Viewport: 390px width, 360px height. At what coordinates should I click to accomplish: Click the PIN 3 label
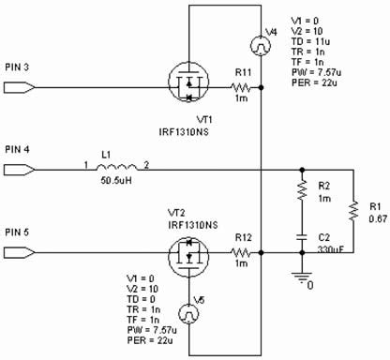[x=18, y=67]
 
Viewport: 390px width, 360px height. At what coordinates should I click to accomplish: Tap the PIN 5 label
[x=18, y=231]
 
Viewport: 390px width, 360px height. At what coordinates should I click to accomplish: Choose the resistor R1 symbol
[x=353, y=214]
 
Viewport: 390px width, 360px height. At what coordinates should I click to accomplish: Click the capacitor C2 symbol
[x=302, y=238]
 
